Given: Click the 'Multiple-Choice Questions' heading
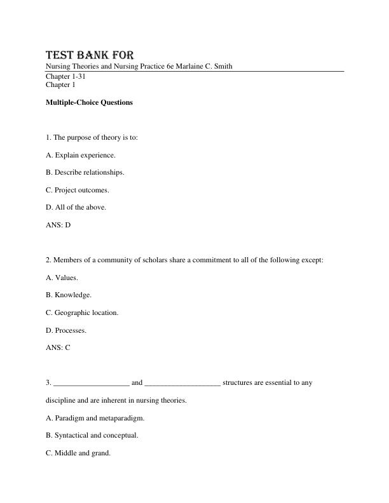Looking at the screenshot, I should pos(89,102).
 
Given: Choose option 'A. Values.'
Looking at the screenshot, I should pos(62,278).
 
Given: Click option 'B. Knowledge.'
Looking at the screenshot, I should pos(69,295).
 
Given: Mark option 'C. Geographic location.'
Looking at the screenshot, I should pos(82,312).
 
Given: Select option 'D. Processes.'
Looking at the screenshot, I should pos(66,330).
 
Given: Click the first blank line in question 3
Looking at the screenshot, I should pos(92,383).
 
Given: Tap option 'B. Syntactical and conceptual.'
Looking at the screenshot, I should pos(92,436).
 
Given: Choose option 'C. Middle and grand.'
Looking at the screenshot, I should pos(78,453).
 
